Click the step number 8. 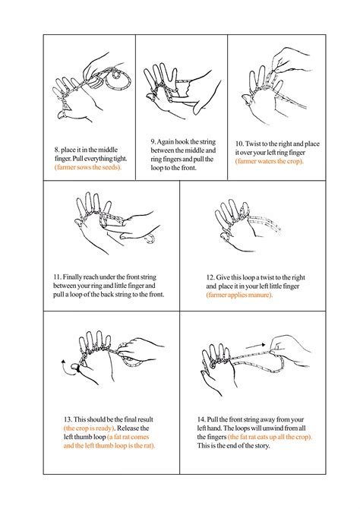tap(57, 148)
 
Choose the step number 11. tap(58, 275)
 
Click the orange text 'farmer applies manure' tap(239, 295)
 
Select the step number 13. tap(68, 418)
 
